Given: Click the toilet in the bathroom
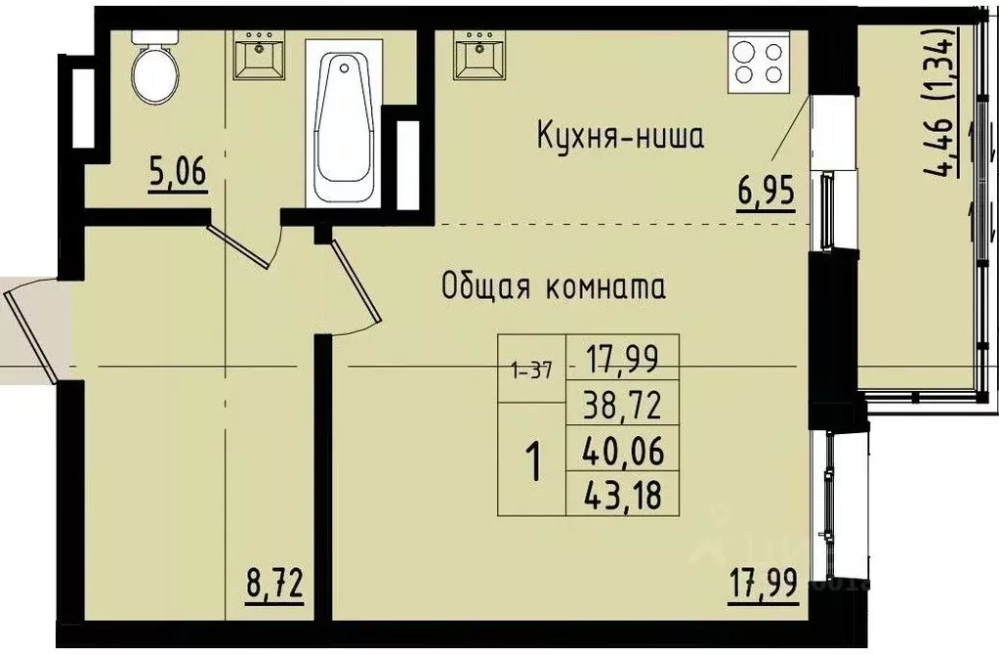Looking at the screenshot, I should [x=156, y=67].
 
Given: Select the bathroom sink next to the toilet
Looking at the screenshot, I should [x=259, y=54].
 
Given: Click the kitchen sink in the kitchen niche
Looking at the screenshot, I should [x=479, y=54].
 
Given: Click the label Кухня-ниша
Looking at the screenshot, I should [x=620, y=137].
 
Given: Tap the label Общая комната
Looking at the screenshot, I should [x=554, y=287].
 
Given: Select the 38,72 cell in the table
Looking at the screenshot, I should [x=622, y=403].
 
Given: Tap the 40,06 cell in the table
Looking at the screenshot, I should [x=622, y=451].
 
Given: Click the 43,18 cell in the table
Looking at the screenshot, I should [x=622, y=497].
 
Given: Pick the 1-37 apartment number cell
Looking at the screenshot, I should [x=532, y=370].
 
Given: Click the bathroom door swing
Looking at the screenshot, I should [x=244, y=244].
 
